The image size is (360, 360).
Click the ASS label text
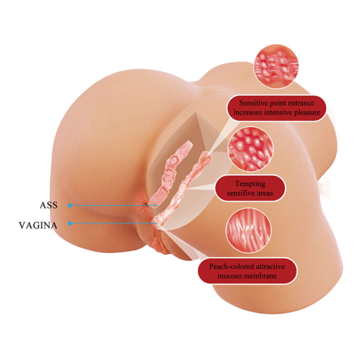49,205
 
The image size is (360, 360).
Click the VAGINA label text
38,225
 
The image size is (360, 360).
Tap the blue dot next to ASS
70,205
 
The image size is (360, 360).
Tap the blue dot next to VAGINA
70,223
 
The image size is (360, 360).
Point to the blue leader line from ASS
113,205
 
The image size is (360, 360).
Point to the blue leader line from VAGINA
113,223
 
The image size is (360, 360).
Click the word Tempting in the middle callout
250,184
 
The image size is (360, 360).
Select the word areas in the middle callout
265,193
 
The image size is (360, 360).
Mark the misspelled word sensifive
241,193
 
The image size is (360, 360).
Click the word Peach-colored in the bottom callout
232,266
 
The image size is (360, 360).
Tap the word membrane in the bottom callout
263,276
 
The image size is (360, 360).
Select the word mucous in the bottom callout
232,276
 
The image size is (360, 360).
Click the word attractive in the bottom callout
271,266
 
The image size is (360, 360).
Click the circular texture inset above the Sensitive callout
276,67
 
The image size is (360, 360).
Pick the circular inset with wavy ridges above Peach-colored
248,230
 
